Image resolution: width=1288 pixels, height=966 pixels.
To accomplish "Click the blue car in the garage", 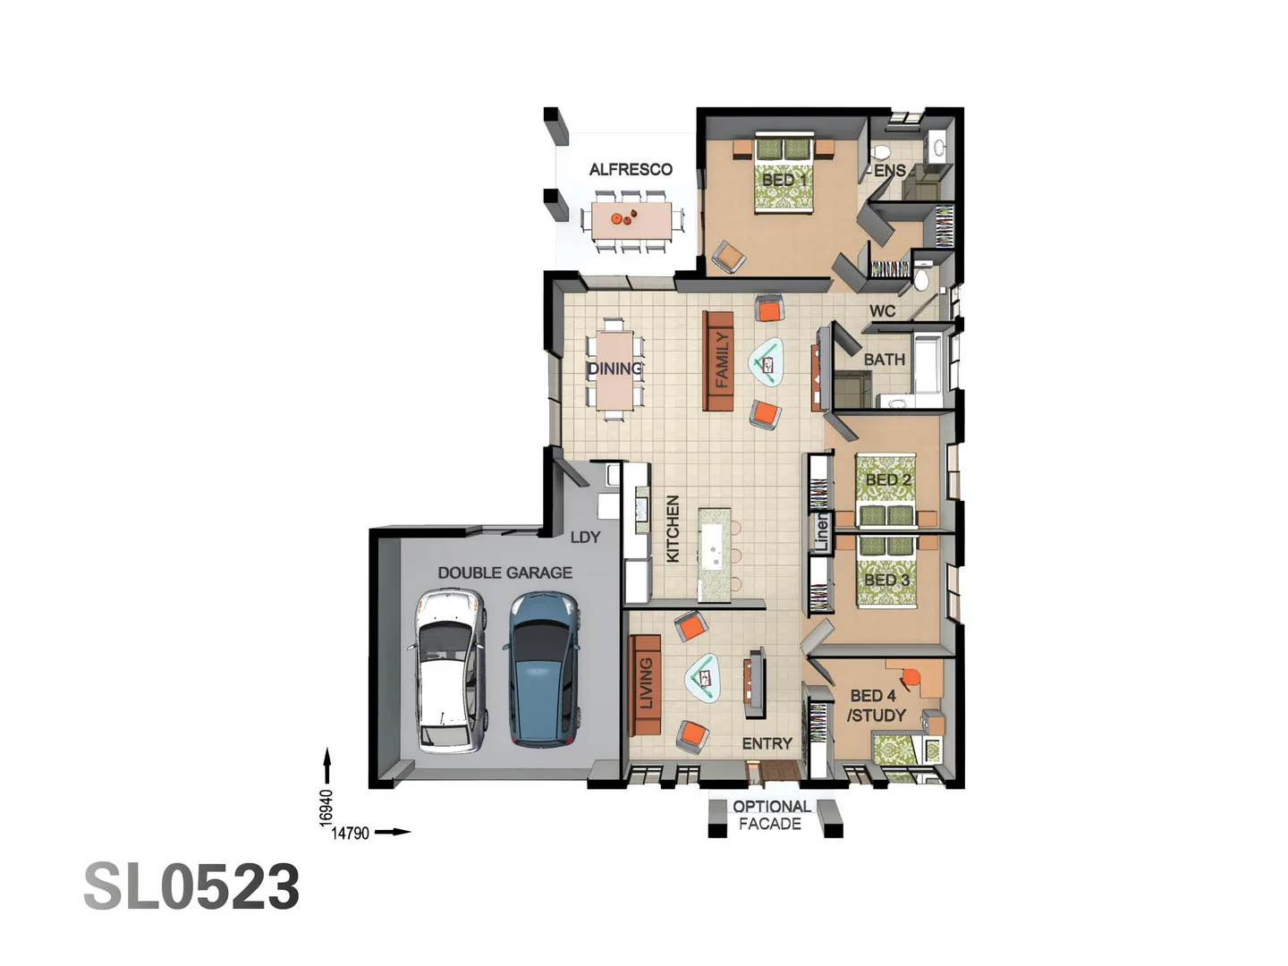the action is pyautogui.click(x=542, y=669).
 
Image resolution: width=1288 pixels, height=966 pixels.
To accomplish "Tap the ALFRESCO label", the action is pyautogui.click(x=631, y=170).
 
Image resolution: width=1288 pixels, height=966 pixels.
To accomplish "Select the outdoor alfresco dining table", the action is pyautogui.click(x=632, y=220).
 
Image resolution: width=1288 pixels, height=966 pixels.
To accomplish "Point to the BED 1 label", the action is pyautogui.click(x=784, y=180).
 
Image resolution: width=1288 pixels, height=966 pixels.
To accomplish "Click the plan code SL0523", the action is pyautogui.click(x=191, y=886).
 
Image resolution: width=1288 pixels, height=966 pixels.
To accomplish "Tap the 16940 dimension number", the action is pyautogui.click(x=326, y=809).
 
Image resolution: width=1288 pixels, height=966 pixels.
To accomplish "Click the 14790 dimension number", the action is pyautogui.click(x=351, y=833).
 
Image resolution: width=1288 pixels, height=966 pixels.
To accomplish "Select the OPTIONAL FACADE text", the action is pyautogui.click(x=771, y=815).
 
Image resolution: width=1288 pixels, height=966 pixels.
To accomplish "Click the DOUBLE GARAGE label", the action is pyautogui.click(x=505, y=572).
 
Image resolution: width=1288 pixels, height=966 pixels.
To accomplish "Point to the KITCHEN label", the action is pyautogui.click(x=673, y=529).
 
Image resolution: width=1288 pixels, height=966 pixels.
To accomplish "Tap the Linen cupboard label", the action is pyautogui.click(x=821, y=532).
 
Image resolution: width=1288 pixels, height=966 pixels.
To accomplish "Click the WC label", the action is pyautogui.click(x=883, y=311).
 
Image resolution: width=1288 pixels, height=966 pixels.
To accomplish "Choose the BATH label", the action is pyautogui.click(x=885, y=360).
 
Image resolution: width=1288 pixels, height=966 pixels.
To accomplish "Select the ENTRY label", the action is pyautogui.click(x=767, y=743).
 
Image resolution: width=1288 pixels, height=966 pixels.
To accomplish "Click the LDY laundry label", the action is pyautogui.click(x=586, y=538).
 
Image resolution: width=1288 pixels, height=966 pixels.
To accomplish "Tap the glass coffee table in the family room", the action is pyautogui.click(x=767, y=362).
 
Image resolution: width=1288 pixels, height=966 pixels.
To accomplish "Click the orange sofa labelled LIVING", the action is pyautogui.click(x=645, y=685).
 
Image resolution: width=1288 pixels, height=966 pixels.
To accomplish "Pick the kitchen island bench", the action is pyautogui.click(x=714, y=555).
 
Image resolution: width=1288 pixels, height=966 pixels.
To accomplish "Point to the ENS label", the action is pyautogui.click(x=890, y=171).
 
